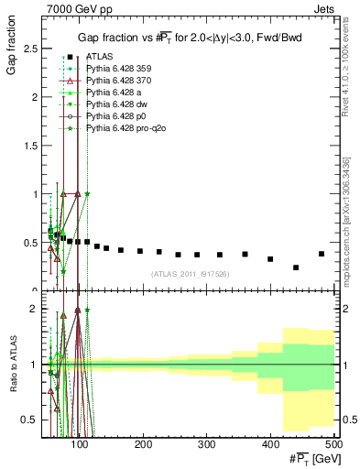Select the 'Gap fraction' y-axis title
click(x=12, y=54)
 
